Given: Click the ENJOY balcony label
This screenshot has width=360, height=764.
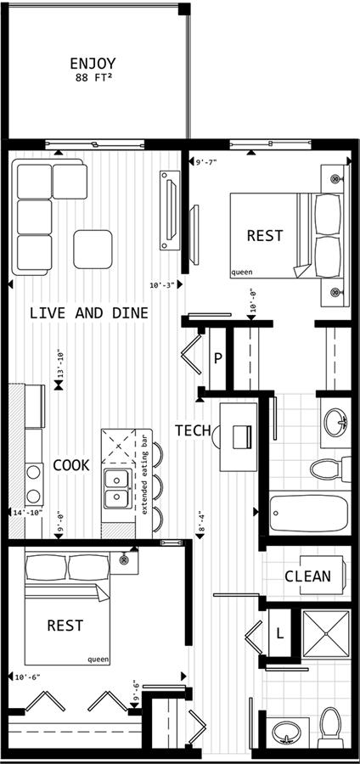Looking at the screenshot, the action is click(x=93, y=64).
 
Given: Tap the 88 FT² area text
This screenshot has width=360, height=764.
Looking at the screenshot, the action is click(x=93, y=77).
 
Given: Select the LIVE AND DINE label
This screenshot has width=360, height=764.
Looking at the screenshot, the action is click(x=88, y=312).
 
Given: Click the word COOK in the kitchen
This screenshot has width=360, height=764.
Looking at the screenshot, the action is click(x=71, y=465).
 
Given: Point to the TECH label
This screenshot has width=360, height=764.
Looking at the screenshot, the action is click(x=193, y=430).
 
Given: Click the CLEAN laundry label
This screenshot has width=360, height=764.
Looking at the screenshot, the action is click(x=307, y=576).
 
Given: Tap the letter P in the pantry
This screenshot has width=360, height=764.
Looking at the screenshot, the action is click(x=218, y=358).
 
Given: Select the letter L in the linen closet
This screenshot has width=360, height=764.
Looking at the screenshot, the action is click(x=279, y=633).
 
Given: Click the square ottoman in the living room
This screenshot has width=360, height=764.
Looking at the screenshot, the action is click(x=93, y=250).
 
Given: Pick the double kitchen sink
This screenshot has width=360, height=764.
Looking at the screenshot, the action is click(x=117, y=489).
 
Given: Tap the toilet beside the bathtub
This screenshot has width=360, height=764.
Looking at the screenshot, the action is click(x=330, y=469).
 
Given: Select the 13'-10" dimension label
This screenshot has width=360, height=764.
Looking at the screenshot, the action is click(x=59, y=364).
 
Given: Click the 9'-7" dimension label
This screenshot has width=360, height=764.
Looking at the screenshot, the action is click(x=205, y=162).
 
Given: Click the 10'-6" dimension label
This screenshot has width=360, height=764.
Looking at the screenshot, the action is click(x=27, y=677).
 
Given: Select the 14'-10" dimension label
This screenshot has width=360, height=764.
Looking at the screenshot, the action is click(x=29, y=512).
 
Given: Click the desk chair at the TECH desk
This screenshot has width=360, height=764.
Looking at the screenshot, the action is click(x=216, y=436).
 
